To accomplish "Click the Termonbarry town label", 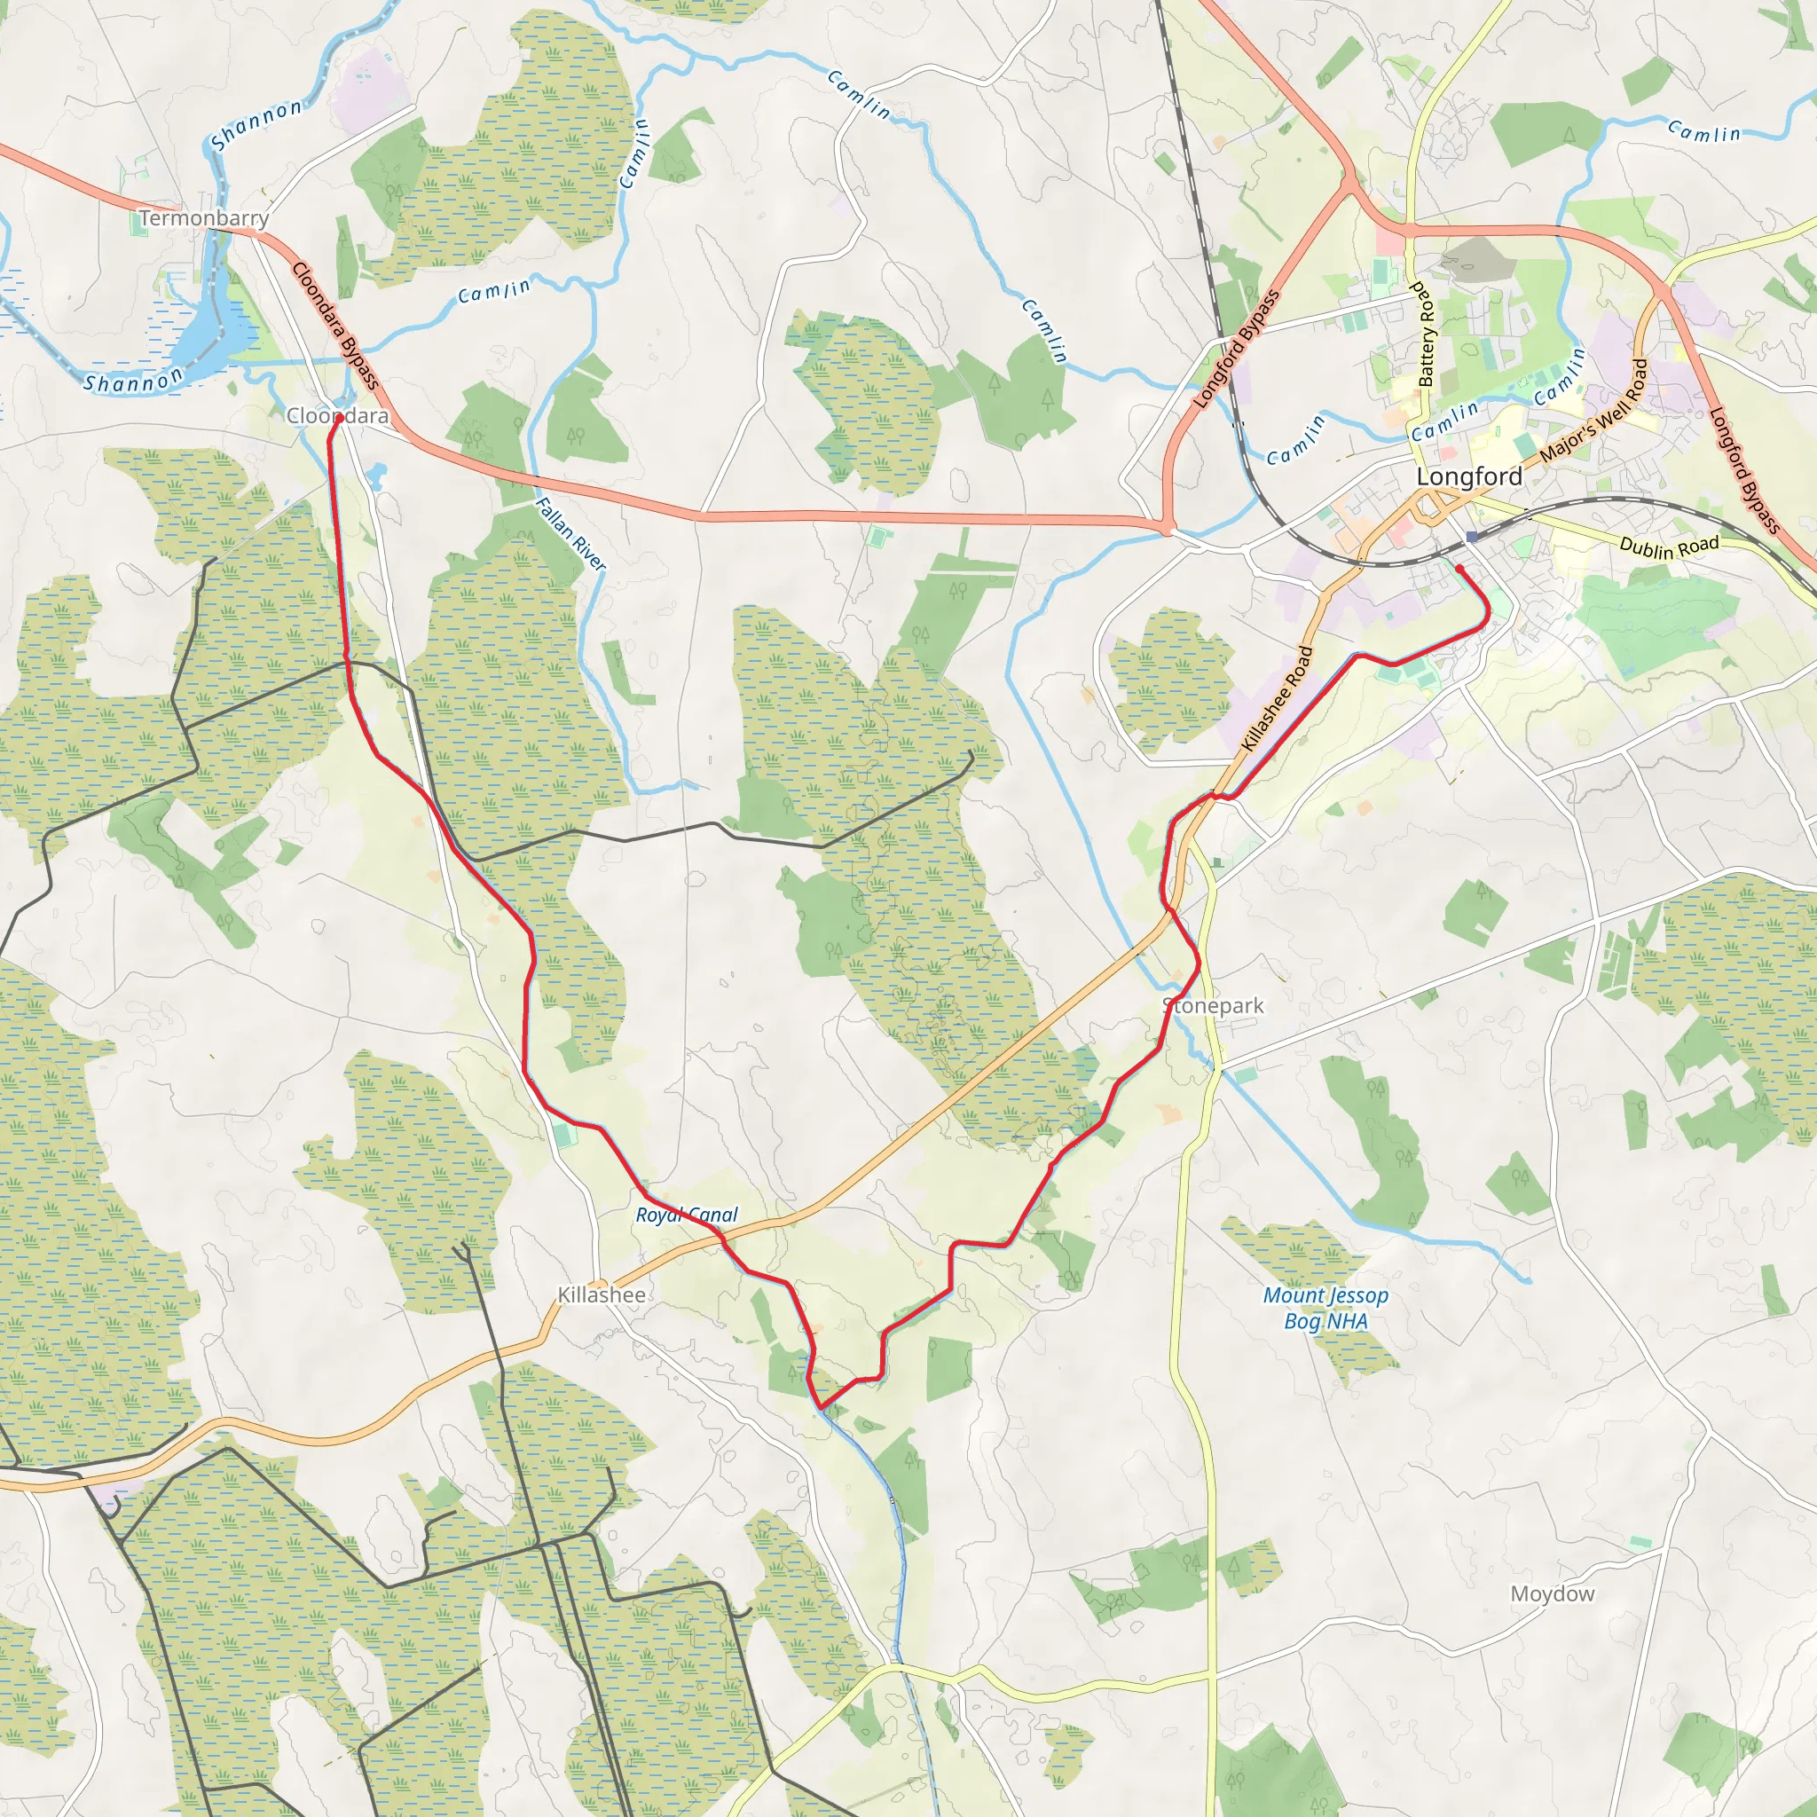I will tap(204, 218).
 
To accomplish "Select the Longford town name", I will tap(1469, 476).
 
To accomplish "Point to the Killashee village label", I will tap(601, 1295).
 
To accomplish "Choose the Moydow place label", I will tap(1553, 1593).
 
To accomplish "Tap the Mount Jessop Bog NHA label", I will tap(1325, 1307).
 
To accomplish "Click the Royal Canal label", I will tap(687, 1215).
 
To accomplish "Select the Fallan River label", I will tap(570, 533).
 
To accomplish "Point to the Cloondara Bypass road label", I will tap(335, 326).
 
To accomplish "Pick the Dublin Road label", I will tap(1670, 547).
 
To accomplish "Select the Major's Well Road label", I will tap(1593, 410).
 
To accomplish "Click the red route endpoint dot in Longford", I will tap(1459, 568).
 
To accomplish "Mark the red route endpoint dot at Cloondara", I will tap(339, 418).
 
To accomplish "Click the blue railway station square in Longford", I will tap(1471, 536).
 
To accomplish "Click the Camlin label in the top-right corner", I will tap(1703, 130).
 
